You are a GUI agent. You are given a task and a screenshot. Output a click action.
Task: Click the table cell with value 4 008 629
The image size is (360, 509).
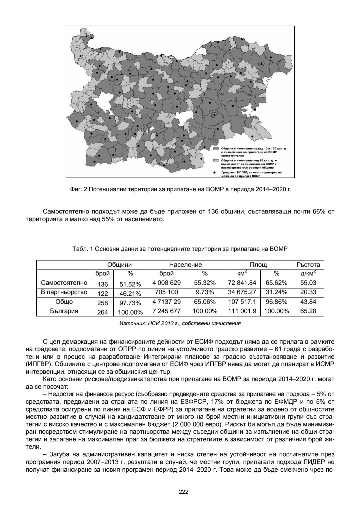(x=166, y=283)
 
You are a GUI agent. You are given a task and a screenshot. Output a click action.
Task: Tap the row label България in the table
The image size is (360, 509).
(x=64, y=311)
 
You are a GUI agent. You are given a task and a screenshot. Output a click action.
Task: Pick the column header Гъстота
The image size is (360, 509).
(x=308, y=265)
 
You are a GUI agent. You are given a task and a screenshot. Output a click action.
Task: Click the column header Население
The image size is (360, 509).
(x=185, y=265)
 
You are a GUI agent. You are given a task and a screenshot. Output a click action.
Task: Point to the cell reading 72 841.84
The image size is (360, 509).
(x=242, y=283)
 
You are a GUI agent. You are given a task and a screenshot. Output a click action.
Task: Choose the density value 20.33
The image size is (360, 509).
(x=308, y=292)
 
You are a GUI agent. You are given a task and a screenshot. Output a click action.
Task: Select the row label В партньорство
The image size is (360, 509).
(x=64, y=292)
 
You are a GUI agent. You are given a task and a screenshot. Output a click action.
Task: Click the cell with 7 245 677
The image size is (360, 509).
(x=166, y=311)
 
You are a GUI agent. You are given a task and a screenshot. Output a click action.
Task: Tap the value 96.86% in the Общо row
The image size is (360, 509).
(x=276, y=302)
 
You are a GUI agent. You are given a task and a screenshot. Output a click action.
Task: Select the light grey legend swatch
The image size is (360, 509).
(x=216, y=160)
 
